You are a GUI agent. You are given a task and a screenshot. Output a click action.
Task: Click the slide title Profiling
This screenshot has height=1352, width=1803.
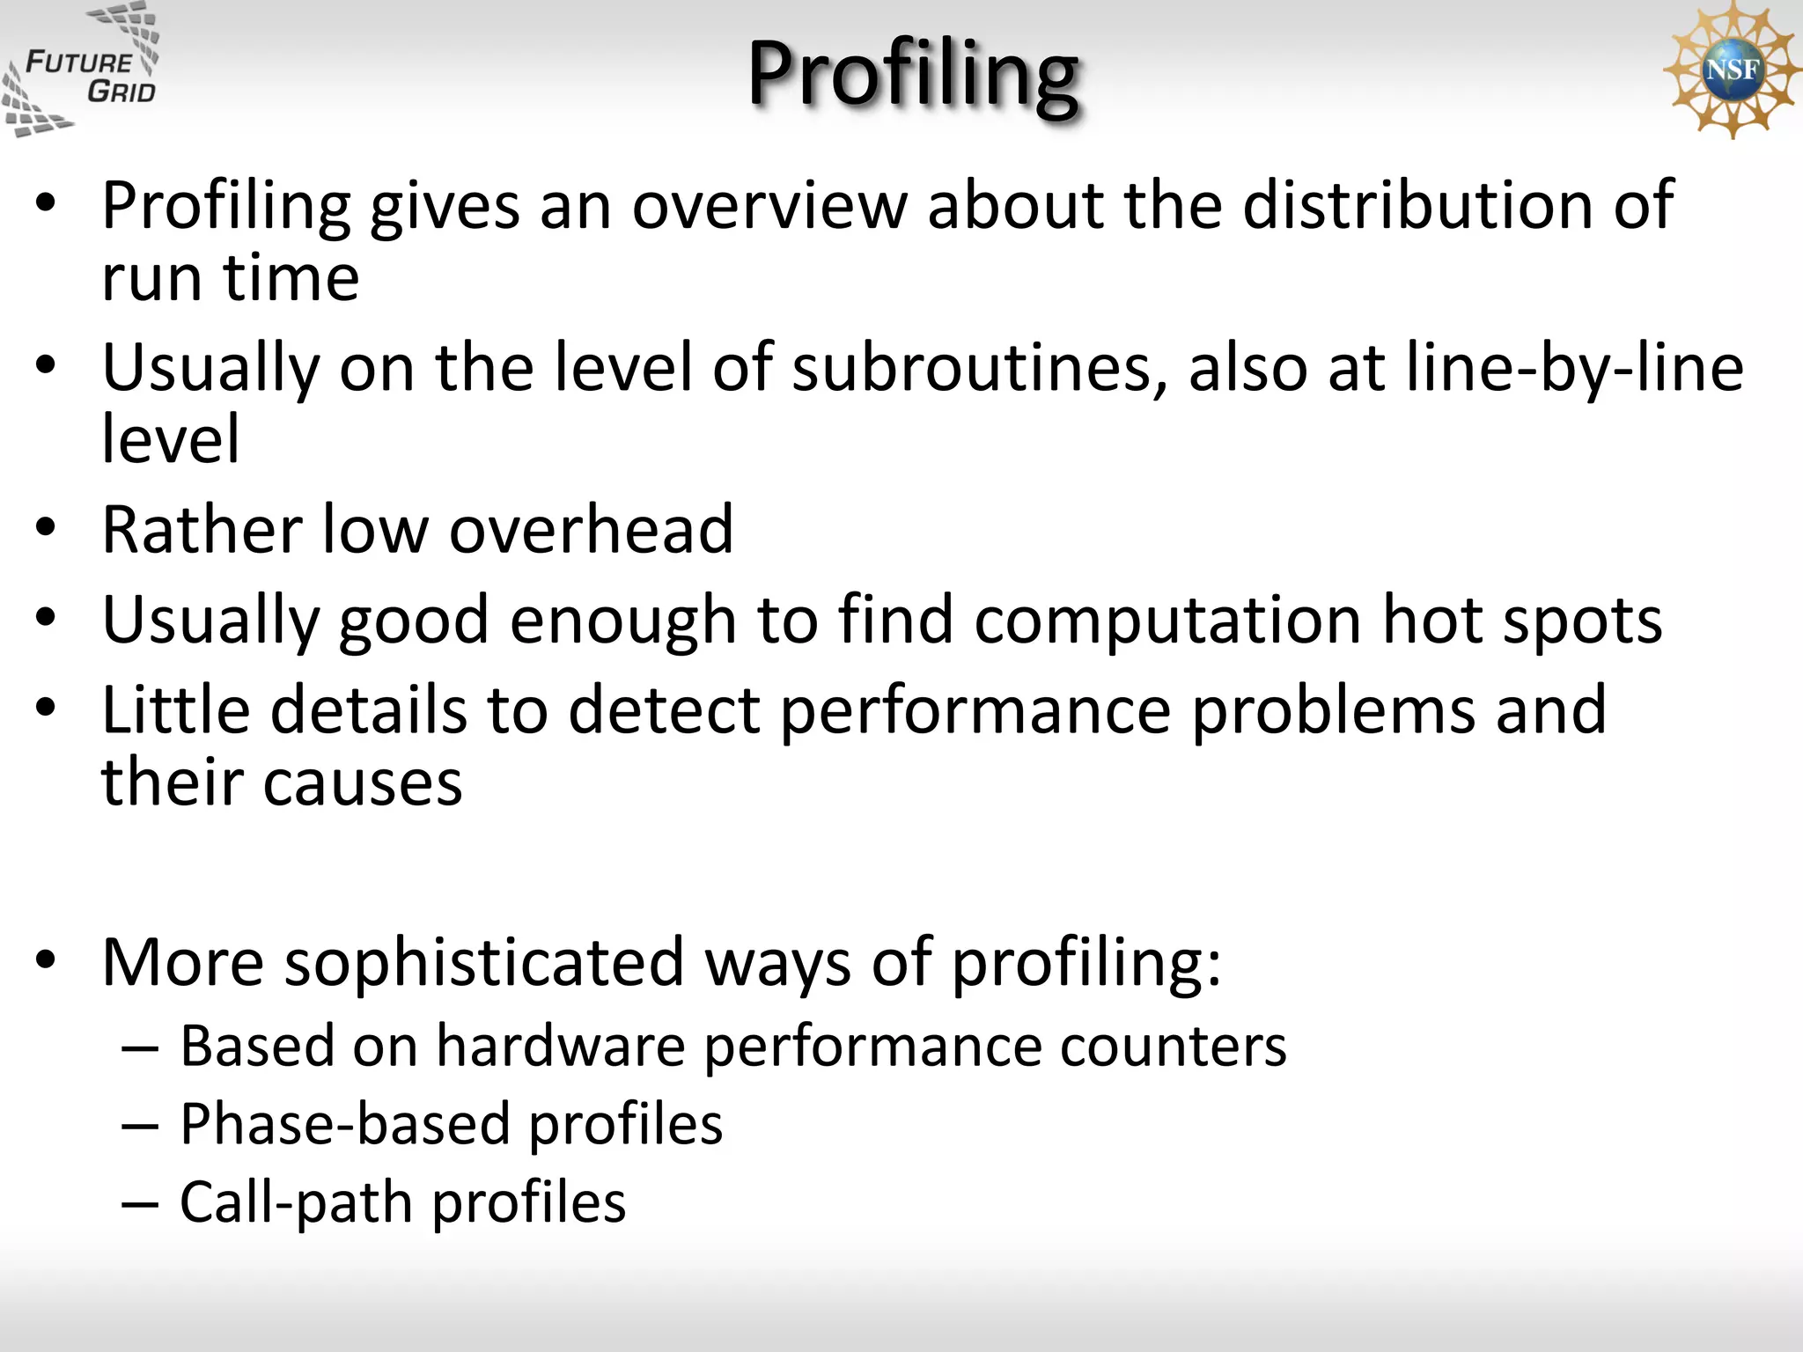[913, 74]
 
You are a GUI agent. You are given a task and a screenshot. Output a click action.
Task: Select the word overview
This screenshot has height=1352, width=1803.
[769, 206]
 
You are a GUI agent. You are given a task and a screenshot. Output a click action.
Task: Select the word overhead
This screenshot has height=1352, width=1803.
[591, 530]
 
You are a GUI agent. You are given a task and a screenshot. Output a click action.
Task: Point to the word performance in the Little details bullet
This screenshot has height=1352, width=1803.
[975, 710]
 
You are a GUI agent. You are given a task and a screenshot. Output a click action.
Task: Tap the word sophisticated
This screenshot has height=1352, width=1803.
[483, 962]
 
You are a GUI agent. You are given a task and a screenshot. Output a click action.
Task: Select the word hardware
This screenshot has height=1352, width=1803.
[560, 1047]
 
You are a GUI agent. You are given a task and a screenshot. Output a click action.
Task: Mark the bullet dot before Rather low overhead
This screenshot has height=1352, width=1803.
[46, 528]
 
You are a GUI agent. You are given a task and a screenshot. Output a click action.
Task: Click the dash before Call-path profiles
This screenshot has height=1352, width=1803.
[140, 1204]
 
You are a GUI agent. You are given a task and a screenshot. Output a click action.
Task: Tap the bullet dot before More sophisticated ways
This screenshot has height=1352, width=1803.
[46, 959]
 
